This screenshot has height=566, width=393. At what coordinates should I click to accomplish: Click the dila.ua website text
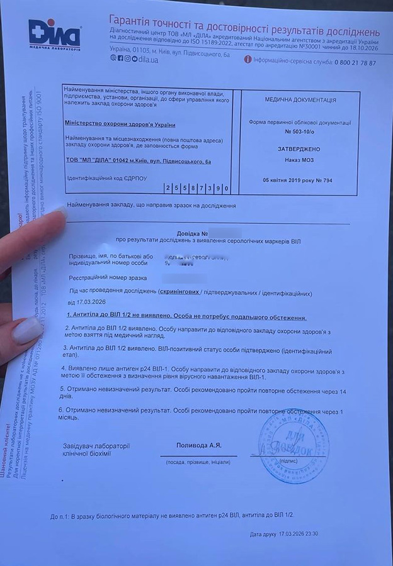[145, 59]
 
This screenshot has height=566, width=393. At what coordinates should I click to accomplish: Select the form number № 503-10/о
[300, 132]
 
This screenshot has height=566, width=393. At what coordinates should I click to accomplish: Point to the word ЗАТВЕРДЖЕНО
[299, 149]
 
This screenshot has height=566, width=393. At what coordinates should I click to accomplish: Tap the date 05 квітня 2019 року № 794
[297, 180]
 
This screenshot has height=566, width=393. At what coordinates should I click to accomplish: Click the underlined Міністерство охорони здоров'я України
[120, 125]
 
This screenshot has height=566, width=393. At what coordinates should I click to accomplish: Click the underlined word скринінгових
[179, 292]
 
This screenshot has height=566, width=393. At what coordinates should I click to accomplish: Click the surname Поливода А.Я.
[198, 446]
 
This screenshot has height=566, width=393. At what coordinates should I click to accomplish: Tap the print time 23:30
[311, 534]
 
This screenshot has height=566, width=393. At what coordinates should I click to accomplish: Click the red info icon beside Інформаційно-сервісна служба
[248, 60]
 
